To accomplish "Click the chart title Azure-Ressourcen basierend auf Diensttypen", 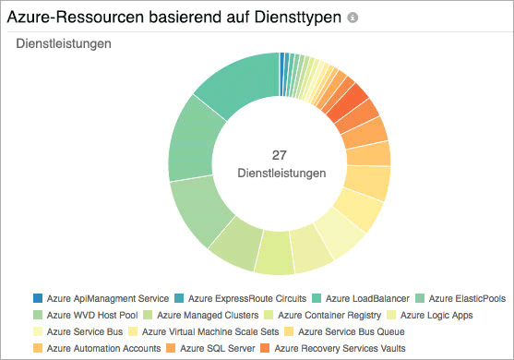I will coord(175,18).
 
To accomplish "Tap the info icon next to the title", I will coord(353,18).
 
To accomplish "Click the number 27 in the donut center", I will coord(281,155).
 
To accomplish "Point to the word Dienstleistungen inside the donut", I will coord(281,173).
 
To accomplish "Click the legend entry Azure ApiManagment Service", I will coord(107,298).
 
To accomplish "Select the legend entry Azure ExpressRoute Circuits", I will coord(246,298).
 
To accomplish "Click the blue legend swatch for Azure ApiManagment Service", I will coord(38,298).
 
